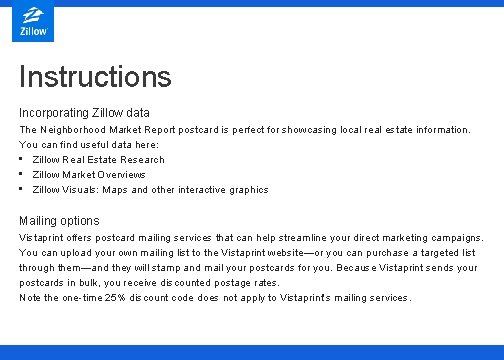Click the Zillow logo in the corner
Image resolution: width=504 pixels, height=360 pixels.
pos(34,23)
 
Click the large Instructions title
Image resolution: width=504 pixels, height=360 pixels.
pos(95,77)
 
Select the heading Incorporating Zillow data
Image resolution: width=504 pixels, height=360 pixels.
pos(84,112)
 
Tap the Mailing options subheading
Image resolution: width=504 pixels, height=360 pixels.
pos(59,220)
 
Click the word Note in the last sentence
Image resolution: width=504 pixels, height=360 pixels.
pos(30,298)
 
